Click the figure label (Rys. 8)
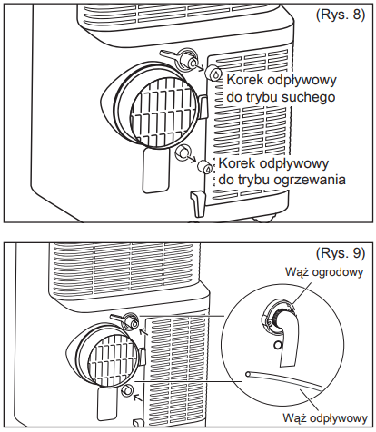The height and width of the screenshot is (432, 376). point(341,15)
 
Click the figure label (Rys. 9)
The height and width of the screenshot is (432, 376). point(341,253)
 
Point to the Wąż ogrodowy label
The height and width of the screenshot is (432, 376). point(324,271)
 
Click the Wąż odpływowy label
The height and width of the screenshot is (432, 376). point(325,418)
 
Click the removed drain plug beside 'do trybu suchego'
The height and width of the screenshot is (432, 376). point(213,73)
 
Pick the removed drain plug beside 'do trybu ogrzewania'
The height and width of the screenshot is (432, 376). point(205,167)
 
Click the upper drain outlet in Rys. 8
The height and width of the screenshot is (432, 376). point(186,59)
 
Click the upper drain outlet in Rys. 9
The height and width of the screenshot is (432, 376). point(131,322)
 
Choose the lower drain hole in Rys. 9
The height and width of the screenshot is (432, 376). point(127,390)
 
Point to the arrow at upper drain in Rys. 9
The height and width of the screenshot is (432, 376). point(143,332)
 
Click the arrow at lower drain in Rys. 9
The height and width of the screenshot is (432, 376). point(138,398)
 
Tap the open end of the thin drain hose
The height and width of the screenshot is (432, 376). point(248,374)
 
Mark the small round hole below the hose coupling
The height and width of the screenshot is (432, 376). point(278,345)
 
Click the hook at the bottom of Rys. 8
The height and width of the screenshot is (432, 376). point(198,203)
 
